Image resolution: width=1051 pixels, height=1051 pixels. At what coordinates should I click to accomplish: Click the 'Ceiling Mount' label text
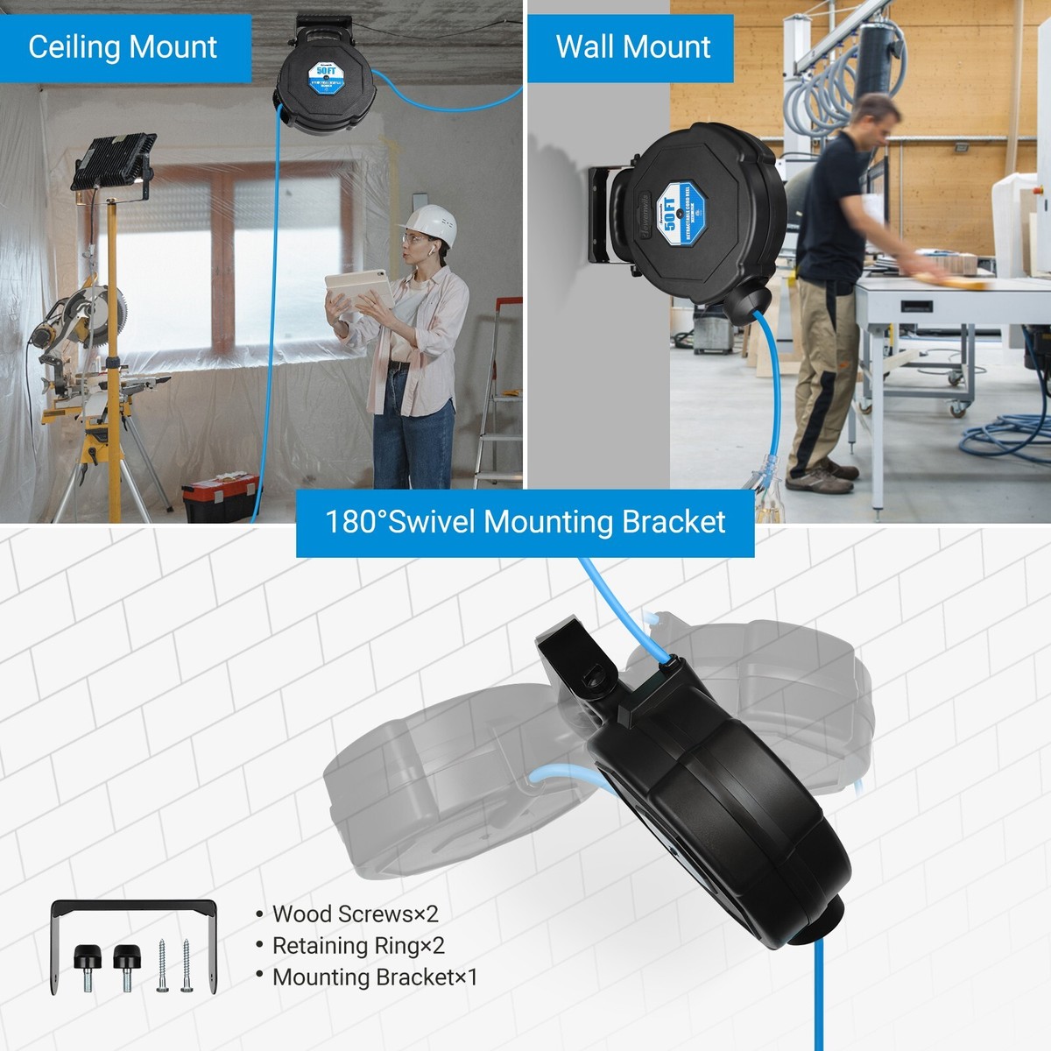(123, 46)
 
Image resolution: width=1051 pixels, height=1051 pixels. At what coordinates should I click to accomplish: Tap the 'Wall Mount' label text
(632, 46)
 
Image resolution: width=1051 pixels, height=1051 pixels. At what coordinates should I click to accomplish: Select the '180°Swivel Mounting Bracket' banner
(525, 522)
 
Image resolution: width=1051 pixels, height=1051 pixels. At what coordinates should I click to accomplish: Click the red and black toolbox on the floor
(220, 497)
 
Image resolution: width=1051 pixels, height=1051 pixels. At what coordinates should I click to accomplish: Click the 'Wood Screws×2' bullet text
(355, 914)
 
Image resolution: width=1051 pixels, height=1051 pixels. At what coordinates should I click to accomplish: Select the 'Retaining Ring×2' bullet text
(358, 946)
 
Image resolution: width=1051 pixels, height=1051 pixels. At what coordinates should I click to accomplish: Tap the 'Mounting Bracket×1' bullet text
(375, 977)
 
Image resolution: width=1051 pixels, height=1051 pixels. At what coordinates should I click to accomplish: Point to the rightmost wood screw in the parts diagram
(187, 965)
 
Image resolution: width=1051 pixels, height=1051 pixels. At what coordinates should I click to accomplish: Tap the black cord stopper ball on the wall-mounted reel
(745, 300)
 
